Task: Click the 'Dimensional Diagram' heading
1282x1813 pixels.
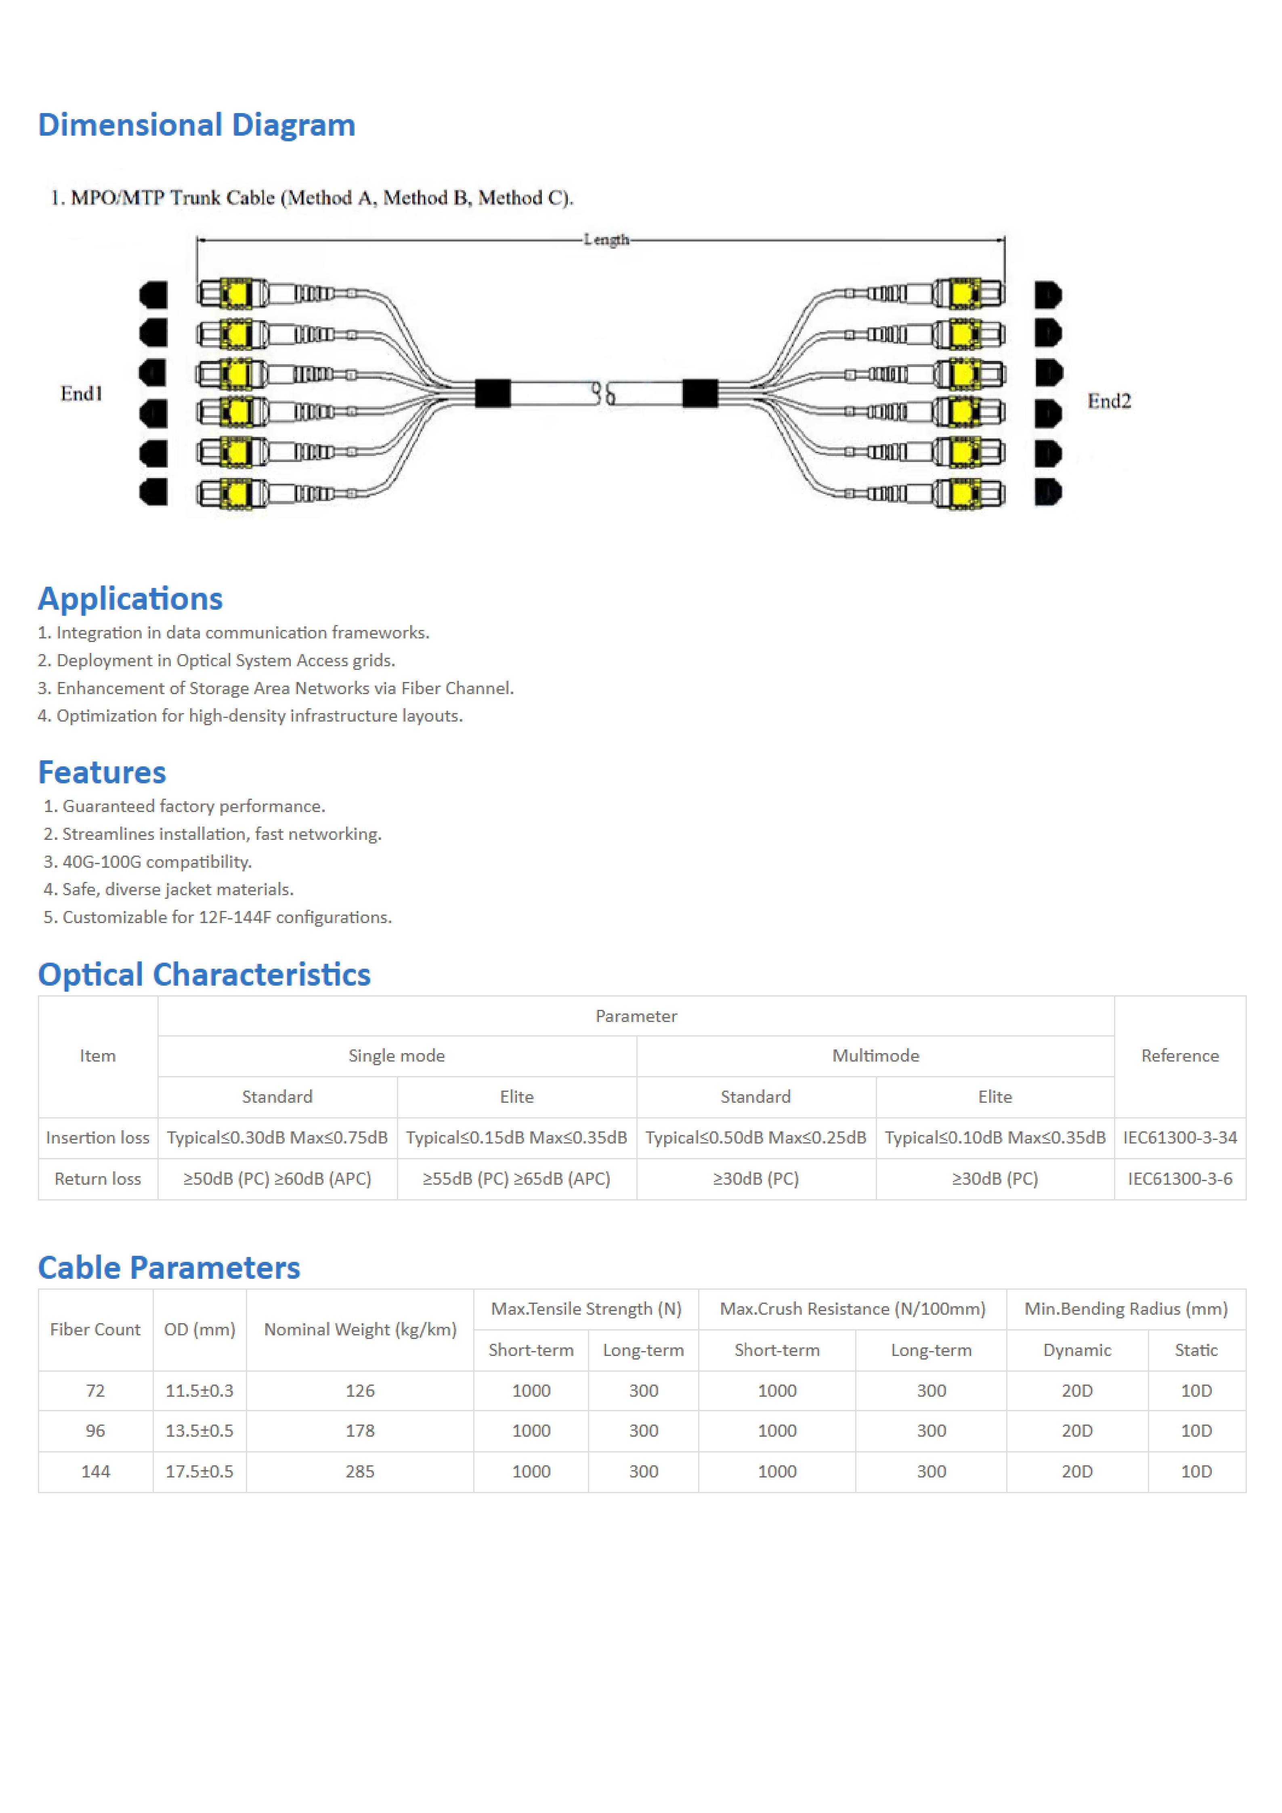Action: [197, 125]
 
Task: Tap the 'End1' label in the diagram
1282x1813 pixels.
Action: [81, 393]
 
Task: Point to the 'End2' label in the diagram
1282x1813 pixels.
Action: [1109, 401]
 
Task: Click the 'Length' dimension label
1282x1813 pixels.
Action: [606, 239]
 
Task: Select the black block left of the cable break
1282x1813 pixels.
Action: [493, 393]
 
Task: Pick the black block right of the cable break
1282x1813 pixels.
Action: [699, 393]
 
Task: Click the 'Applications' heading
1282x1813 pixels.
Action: [130, 598]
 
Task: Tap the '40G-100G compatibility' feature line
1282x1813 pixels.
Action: [156, 862]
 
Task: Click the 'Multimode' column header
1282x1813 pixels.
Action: [875, 1056]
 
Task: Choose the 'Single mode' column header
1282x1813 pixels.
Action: [396, 1056]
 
